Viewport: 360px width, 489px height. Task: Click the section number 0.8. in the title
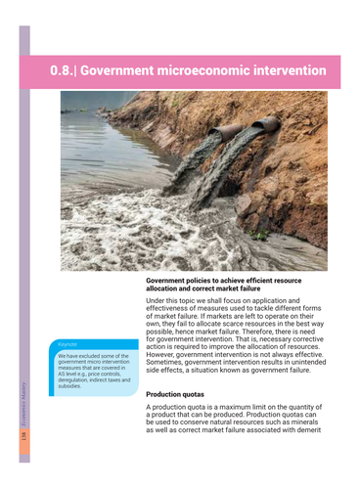(x=67, y=71)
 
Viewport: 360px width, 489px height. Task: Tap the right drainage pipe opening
(x=265, y=124)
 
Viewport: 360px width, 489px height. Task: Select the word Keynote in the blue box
(x=67, y=344)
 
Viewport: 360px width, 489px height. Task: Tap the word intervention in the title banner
(x=290, y=71)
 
